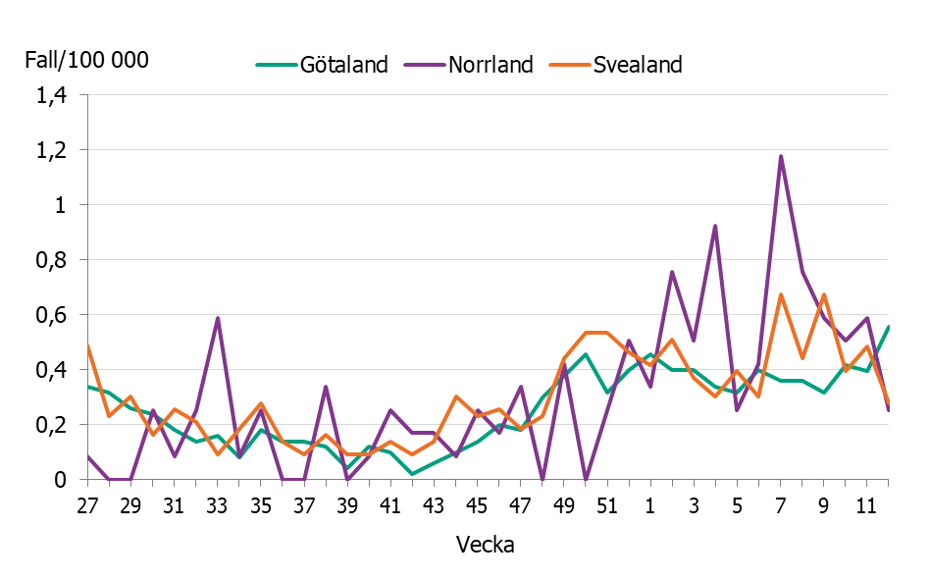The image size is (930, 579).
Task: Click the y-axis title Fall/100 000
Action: coord(86,60)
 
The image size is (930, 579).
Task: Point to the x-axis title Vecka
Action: coord(485,545)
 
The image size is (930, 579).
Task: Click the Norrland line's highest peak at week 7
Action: coord(781,156)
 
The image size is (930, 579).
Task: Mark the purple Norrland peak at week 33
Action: coord(217,318)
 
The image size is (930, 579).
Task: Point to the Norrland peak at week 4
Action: coord(715,226)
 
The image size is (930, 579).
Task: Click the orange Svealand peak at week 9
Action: coord(824,294)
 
